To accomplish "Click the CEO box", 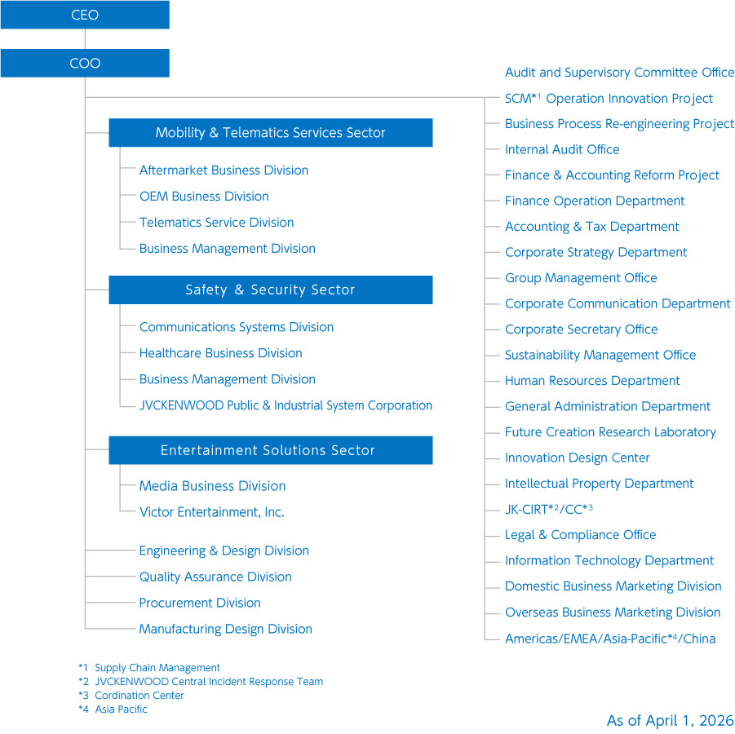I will pyautogui.click(x=85, y=15).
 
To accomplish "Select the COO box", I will pyautogui.click(x=85, y=63).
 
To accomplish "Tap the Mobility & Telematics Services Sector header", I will pyautogui.click(x=270, y=133).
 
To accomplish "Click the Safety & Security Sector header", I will pyautogui.click(x=270, y=290).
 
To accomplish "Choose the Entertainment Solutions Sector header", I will pyautogui.click(x=270, y=450).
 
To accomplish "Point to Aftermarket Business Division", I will pyautogui.click(x=224, y=170).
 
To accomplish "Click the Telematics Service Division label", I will pyautogui.click(x=216, y=223).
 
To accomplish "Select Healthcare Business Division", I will pyautogui.click(x=220, y=353).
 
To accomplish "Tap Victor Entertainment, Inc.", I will pyautogui.click(x=211, y=512).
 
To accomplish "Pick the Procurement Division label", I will pyautogui.click(x=200, y=603).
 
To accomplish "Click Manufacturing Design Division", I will pyautogui.click(x=225, y=629).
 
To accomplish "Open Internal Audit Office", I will pyautogui.click(x=562, y=149).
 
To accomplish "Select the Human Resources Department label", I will pyautogui.click(x=592, y=381).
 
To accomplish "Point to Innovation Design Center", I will pyautogui.click(x=578, y=458).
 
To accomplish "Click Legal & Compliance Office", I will pyautogui.click(x=580, y=535).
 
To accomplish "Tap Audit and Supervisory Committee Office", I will pyautogui.click(x=619, y=73).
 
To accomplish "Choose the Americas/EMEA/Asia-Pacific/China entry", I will pyautogui.click(x=610, y=639).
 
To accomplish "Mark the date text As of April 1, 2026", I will pyautogui.click(x=670, y=721).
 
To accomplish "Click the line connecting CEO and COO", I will pyautogui.click(x=85, y=39).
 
